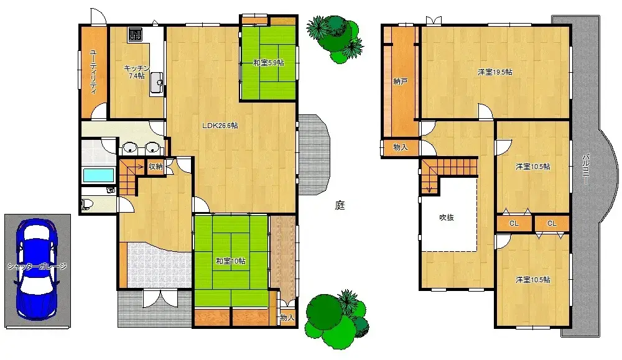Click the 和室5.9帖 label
268,63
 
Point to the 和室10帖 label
230,261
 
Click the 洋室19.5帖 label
494,72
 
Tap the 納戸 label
401,81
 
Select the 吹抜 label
447,218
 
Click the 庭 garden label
340,205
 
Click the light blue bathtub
98,175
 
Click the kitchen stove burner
136,34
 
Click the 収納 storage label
155,166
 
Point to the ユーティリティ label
93,71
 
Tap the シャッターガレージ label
37,266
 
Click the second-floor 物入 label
401,147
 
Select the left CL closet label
514,223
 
